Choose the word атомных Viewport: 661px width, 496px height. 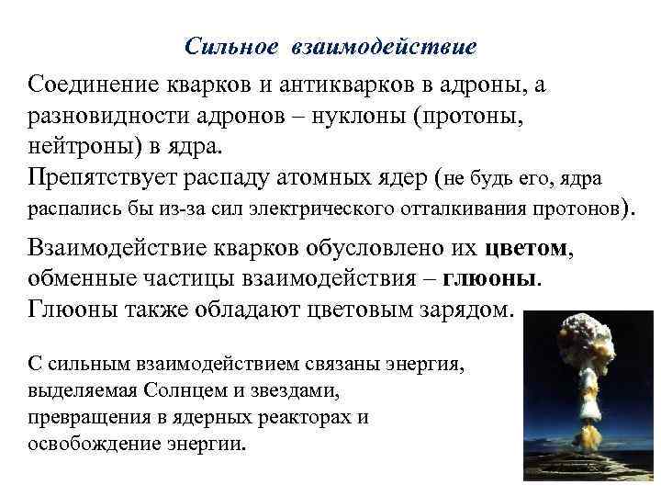tap(340, 175)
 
